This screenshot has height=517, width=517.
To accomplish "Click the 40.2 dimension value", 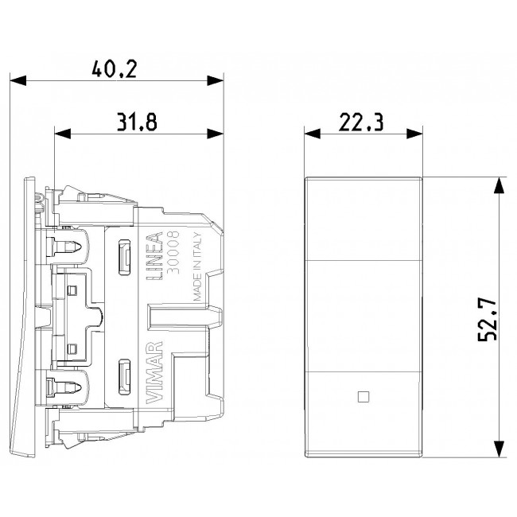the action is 114,69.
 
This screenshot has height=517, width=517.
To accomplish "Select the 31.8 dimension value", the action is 137,122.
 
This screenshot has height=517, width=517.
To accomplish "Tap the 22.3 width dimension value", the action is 361,122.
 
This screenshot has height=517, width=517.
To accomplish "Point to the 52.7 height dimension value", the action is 487,319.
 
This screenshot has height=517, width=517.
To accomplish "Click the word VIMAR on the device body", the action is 154,372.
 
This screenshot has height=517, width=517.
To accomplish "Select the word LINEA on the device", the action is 154,256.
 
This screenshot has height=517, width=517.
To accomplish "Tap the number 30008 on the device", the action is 173,252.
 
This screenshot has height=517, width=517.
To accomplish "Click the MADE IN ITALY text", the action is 197,266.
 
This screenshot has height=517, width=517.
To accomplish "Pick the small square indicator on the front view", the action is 363,397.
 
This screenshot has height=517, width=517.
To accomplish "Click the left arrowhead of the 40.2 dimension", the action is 18,80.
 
